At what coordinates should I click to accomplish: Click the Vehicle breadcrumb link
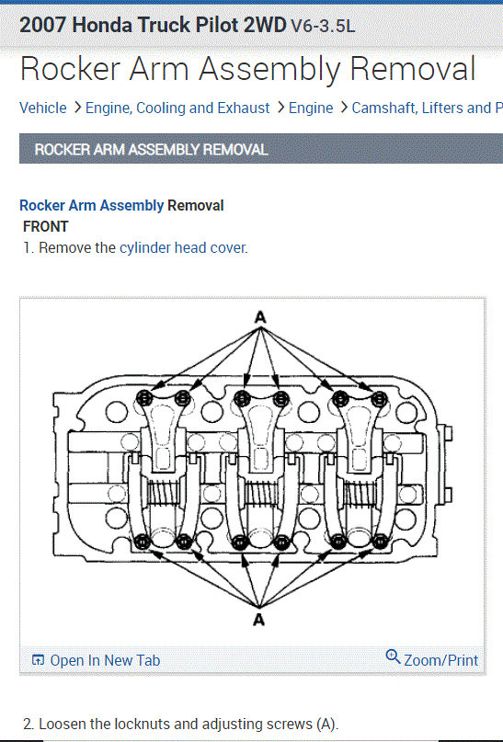tap(42, 108)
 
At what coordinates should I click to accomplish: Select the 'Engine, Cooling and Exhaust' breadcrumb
tap(177, 108)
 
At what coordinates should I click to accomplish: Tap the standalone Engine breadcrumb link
tap(311, 108)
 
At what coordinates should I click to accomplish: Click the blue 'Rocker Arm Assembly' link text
tap(91, 205)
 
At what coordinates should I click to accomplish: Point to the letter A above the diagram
tap(260, 316)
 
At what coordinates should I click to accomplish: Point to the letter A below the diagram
tap(258, 619)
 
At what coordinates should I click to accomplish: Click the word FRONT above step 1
tap(45, 227)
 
